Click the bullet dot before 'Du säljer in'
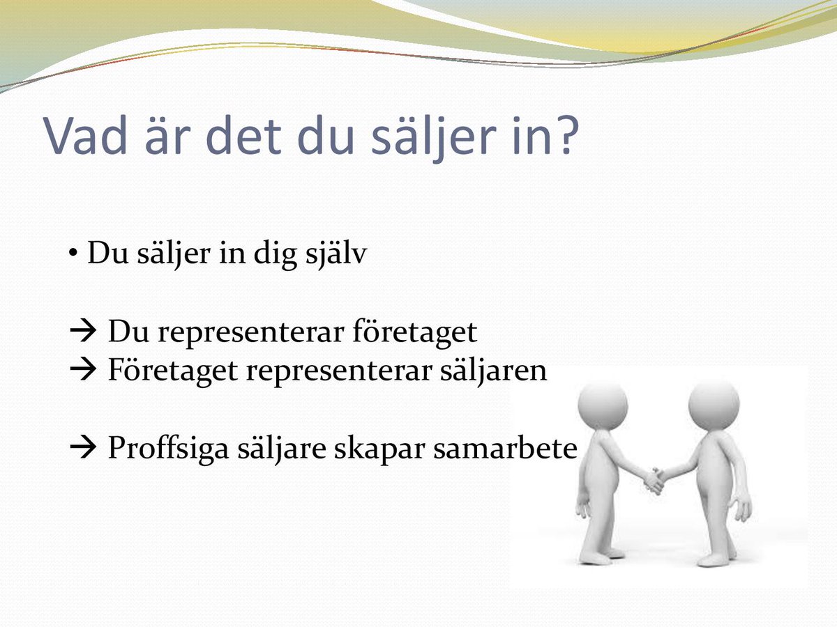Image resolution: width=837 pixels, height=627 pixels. (72, 254)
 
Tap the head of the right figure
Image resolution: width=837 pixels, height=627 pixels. (713, 405)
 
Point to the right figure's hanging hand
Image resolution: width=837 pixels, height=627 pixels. (743, 509)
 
